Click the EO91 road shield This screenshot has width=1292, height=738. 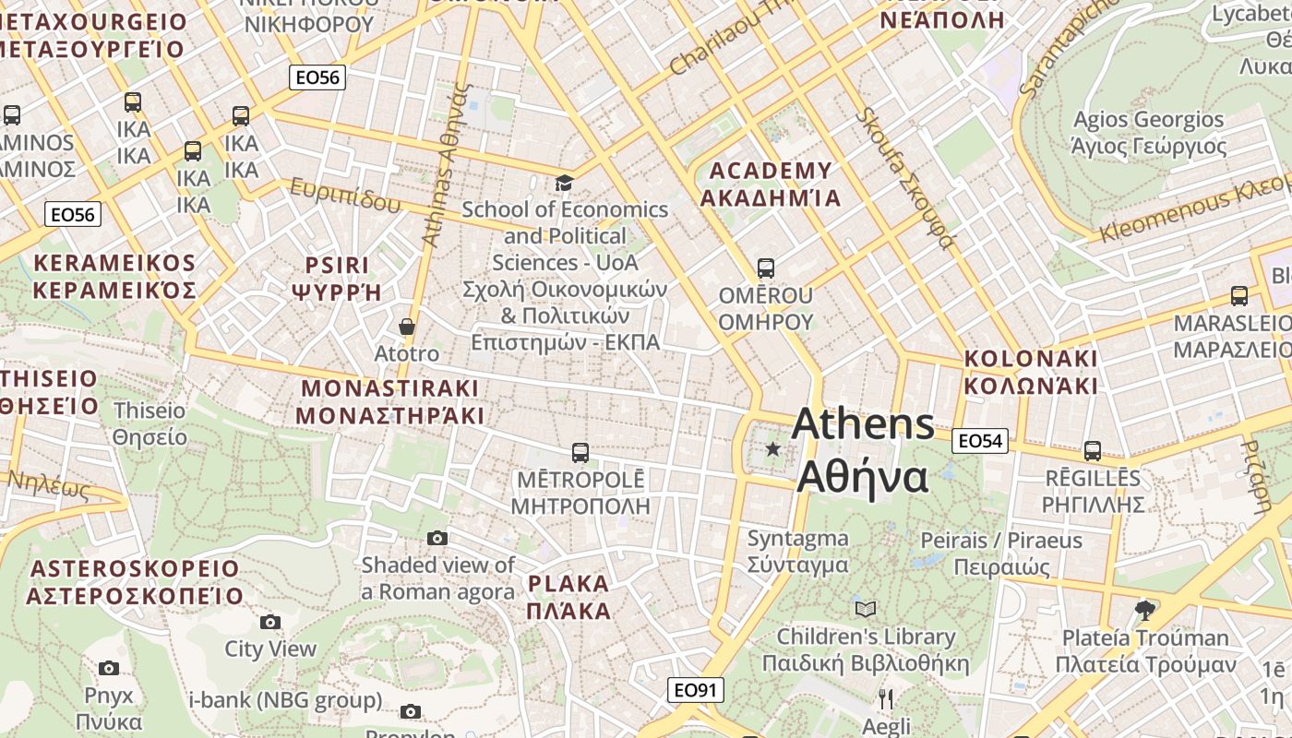tap(696, 690)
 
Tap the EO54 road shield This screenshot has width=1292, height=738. tap(980, 441)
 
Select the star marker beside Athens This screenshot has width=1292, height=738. tap(773, 449)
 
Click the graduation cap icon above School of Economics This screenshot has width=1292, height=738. tap(564, 183)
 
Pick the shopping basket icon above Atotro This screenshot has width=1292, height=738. tap(406, 327)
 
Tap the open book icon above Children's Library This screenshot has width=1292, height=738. tap(865, 609)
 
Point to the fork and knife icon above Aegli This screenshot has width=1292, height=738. tap(886, 698)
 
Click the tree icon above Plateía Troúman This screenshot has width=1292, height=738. tap(1145, 610)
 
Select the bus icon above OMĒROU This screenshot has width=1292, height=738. tap(765, 268)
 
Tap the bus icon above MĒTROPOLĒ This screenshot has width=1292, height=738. tap(580, 453)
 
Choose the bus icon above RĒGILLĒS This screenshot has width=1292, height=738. tap(1093, 450)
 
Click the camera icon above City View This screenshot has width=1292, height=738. tap(269, 622)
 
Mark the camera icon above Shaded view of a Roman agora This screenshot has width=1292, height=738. tap(437, 538)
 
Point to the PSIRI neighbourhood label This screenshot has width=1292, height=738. tap(337, 266)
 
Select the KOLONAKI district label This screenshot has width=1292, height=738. tap(1031, 359)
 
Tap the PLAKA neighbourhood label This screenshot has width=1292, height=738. tap(568, 584)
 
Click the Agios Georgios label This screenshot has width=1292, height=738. tap(1148, 120)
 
